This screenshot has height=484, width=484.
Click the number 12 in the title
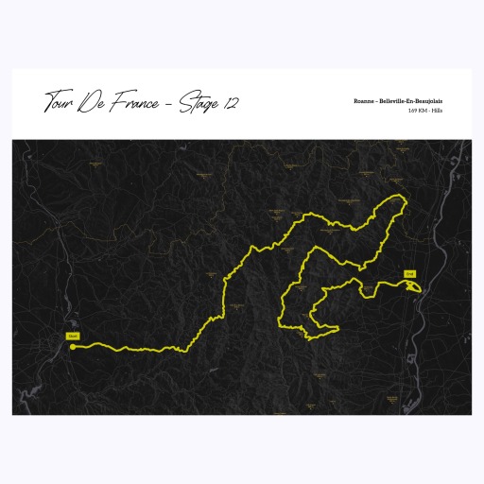[230, 100]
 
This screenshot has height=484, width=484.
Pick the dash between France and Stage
[167, 102]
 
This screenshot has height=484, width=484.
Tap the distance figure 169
[413, 112]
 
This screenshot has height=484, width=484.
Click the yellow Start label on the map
[72, 336]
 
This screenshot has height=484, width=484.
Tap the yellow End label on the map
[409, 274]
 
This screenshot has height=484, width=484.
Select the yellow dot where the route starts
[72, 346]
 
